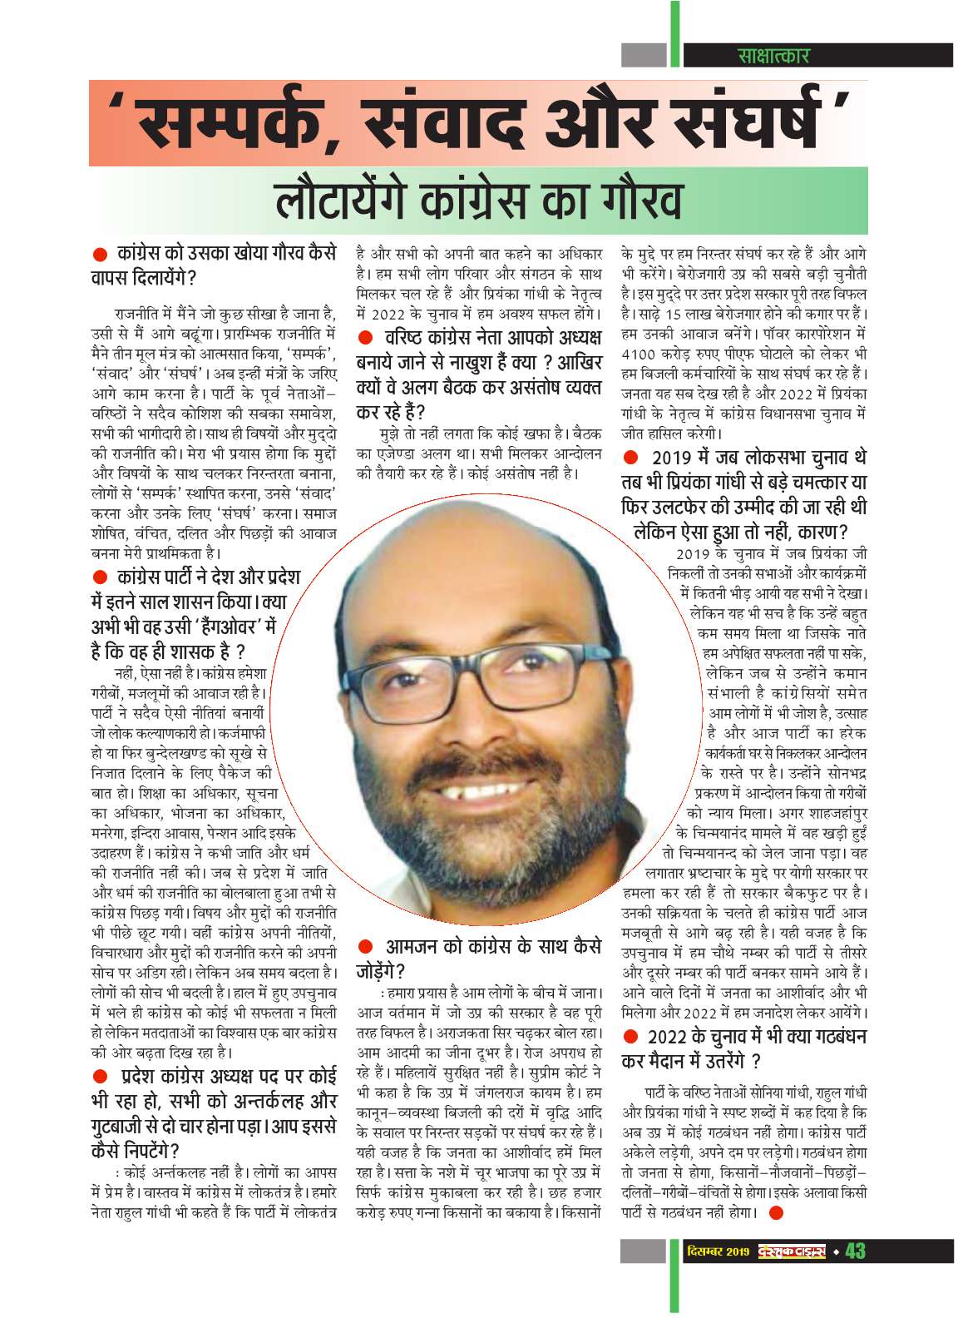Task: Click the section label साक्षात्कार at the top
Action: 773,56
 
